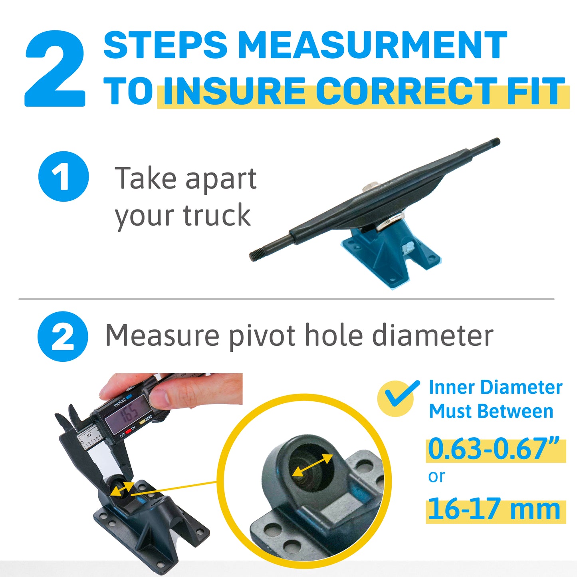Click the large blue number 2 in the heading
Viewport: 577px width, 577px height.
56,68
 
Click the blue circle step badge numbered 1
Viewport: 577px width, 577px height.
64,176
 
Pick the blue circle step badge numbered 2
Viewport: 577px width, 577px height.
63,337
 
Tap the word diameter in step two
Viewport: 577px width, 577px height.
432,336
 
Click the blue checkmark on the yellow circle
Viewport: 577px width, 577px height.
402,393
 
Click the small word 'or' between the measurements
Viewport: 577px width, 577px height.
437,476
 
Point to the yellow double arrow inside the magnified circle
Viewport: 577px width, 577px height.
313,466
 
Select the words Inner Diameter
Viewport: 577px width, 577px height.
496,387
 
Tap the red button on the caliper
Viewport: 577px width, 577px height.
128,432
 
